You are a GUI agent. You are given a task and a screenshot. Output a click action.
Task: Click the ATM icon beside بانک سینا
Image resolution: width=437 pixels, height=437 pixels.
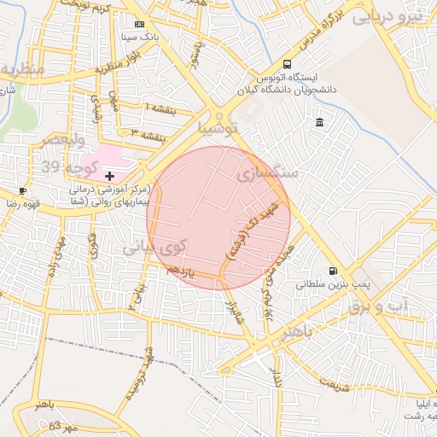[140, 24]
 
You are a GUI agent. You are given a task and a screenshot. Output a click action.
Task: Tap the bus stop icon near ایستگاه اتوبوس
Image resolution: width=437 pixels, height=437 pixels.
[287, 64]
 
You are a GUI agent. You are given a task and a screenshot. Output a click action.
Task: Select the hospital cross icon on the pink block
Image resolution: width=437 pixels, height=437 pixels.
[109, 175]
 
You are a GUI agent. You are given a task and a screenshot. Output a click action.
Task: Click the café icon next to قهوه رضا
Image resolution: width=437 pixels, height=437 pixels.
[23, 190]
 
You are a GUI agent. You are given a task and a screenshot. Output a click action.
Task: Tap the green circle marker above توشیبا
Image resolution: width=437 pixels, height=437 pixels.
[219, 115]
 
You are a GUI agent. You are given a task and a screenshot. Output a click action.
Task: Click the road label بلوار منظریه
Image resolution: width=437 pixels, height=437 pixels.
[116, 58]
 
